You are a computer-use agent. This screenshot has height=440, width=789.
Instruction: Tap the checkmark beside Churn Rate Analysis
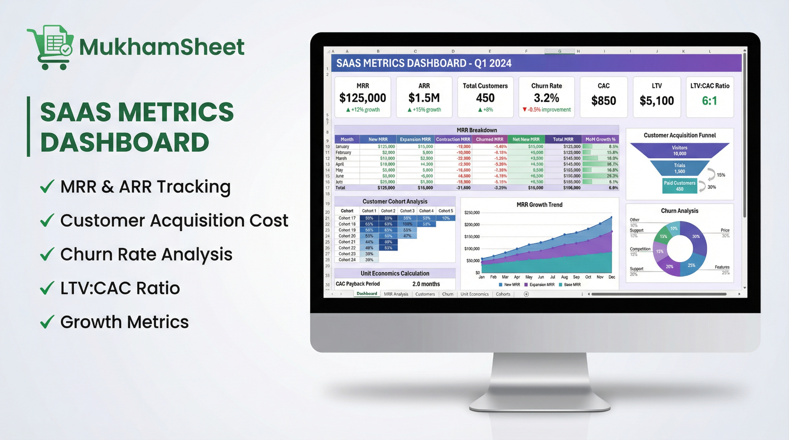[x=47, y=254]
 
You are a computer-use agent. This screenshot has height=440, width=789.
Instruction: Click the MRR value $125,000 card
[x=362, y=98]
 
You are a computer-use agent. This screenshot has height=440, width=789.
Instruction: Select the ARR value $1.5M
[x=424, y=98]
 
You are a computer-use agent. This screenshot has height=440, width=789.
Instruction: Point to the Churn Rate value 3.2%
[x=546, y=98]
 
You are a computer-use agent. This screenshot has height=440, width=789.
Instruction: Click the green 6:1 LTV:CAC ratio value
[x=709, y=101]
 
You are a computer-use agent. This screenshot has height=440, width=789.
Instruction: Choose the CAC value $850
[x=603, y=101]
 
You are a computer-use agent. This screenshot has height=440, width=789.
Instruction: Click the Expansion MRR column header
[x=415, y=139]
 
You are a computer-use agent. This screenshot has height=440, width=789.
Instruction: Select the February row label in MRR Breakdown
[x=343, y=152]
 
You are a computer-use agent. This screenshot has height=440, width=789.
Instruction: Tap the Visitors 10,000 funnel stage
[x=679, y=150]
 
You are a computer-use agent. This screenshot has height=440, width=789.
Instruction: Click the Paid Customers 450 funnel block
[x=679, y=186]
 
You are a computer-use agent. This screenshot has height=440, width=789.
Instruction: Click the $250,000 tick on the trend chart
[x=472, y=213]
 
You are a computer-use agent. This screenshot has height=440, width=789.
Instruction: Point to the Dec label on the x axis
[x=611, y=277]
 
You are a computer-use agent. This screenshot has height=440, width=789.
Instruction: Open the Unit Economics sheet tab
[x=474, y=294]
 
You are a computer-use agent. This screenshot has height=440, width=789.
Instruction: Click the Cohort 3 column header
[x=407, y=211]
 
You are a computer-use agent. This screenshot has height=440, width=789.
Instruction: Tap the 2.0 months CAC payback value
[x=426, y=284]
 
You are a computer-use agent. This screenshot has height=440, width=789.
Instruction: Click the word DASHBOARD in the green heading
[x=125, y=143]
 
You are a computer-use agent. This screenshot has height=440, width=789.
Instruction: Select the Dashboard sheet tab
[x=367, y=294]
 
